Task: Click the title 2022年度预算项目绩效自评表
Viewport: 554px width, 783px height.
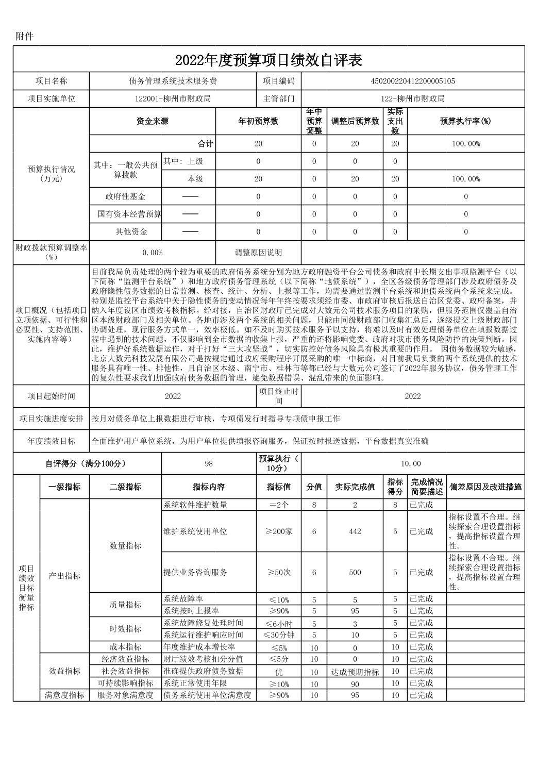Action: pos(268,60)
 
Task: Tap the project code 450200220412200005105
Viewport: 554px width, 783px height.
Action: pos(413,81)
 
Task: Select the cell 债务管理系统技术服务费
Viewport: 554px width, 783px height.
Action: pos(173,81)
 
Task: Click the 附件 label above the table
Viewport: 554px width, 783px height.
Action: pos(24,36)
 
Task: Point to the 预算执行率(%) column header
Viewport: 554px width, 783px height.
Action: pos(465,122)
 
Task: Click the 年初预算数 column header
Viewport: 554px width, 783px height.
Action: pos(258,122)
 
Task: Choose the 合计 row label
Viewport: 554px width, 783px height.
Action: pos(206,144)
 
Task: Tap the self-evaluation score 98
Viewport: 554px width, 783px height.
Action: pos(209,463)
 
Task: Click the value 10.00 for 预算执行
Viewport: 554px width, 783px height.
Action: pos(413,463)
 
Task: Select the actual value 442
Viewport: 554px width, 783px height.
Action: pos(355,531)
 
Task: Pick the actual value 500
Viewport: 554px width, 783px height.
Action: pos(355,572)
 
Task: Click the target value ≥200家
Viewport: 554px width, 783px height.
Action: pos(279,531)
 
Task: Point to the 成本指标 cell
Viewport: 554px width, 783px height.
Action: pos(125,647)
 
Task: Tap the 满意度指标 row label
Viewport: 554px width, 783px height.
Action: pos(64,695)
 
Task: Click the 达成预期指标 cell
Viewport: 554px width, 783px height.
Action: pos(355,672)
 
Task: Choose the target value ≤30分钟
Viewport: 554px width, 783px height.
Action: pos(279,635)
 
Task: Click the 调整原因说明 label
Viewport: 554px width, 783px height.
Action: pos(258,253)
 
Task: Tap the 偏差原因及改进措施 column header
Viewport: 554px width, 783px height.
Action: pos(485,487)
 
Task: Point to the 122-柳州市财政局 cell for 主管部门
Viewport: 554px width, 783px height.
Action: pos(413,98)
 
